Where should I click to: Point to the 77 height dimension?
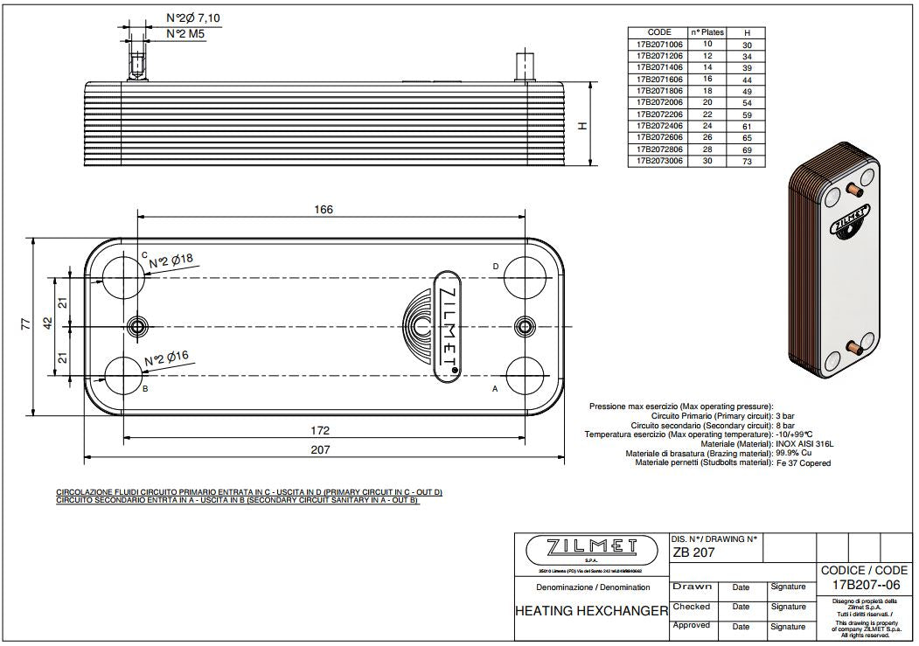[x=25, y=324]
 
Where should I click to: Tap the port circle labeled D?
[x=524, y=275]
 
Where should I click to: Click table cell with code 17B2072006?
[x=658, y=102]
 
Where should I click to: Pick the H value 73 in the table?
[x=747, y=162]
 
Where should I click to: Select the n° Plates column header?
[x=707, y=31]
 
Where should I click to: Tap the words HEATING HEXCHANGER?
[x=591, y=609]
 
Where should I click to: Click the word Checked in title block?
[x=691, y=606]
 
